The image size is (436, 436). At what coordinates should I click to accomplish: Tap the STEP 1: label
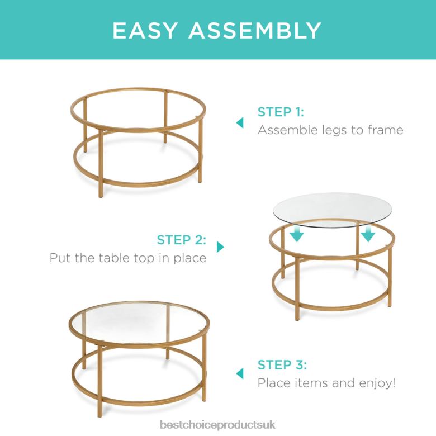coord(281,112)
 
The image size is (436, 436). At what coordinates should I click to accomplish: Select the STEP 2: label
coord(181,240)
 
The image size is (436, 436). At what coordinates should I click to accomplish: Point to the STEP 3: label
coord(282,365)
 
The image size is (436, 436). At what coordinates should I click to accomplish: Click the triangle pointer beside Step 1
coord(240,122)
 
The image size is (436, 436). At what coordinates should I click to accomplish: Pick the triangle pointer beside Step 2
coord(220,247)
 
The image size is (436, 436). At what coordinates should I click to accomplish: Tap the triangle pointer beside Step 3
coord(240,373)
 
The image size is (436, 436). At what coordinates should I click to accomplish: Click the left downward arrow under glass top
coord(297,233)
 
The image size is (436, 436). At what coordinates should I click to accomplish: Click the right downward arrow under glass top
coord(367,233)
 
